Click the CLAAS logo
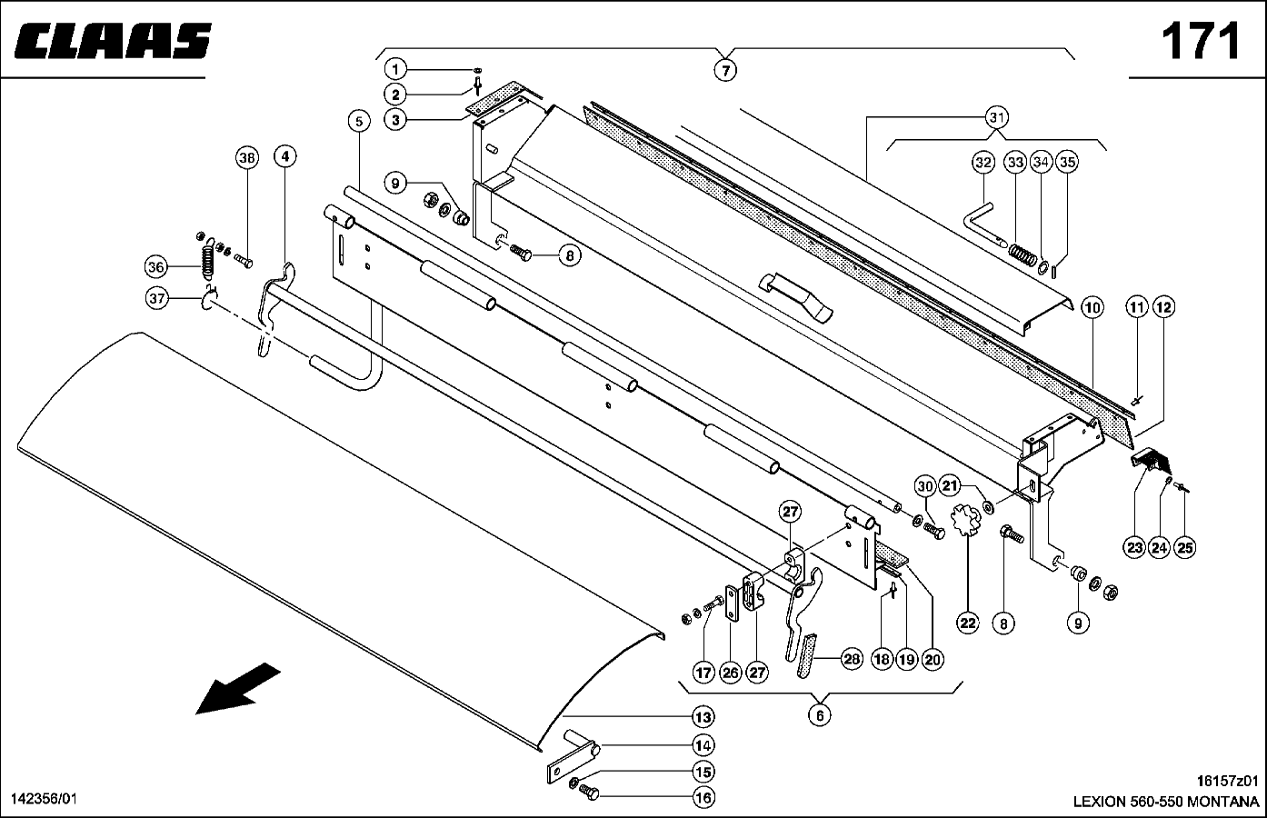[113, 41]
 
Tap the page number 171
[1201, 41]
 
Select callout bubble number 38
[247, 158]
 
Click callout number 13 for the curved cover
[703, 717]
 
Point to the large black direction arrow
[237, 689]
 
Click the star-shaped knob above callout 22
[967, 522]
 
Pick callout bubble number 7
[725, 71]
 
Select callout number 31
[996, 117]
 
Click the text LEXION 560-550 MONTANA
[1166, 802]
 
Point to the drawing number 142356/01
[44, 799]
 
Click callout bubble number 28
[852, 659]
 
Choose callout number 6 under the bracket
[820, 715]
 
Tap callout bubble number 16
[703, 798]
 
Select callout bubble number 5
[359, 121]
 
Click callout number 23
[1134, 547]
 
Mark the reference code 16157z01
[1227, 782]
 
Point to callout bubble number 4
[285, 156]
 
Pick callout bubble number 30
[924, 486]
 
